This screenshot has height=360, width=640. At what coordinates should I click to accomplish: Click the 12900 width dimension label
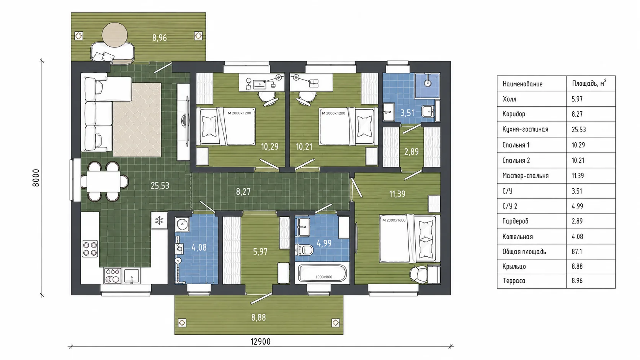tap(260, 341)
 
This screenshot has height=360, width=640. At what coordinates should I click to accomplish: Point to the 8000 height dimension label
tap(36, 178)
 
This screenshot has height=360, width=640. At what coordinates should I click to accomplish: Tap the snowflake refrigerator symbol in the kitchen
tap(159, 220)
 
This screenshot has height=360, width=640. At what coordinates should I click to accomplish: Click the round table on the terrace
tap(114, 35)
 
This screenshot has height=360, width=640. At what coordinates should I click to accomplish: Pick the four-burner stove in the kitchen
tap(90, 249)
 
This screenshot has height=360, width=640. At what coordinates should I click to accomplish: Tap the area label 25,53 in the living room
tap(160, 186)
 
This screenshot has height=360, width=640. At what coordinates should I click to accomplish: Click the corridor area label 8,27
tap(243, 192)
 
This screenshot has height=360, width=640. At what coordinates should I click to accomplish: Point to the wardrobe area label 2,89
tap(411, 151)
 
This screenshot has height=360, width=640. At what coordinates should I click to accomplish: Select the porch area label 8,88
tap(259, 318)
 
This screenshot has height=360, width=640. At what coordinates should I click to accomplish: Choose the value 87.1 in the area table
tap(577, 251)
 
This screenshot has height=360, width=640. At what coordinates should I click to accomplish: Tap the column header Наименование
tap(522, 84)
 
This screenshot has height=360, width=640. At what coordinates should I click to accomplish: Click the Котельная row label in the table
tap(518, 237)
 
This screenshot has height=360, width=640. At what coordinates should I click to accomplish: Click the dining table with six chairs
tap(103, 182)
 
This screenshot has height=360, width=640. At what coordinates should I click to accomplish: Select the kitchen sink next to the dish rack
tap(131, 276)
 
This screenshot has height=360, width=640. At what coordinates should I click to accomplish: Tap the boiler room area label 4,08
tap(199, 247)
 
